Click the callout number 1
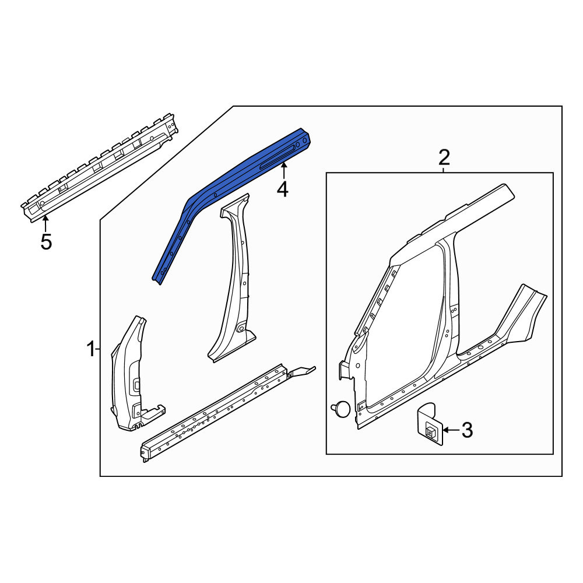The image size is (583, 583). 91,350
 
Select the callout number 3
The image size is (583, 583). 467,430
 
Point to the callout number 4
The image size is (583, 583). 283,189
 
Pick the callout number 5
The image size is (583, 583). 45,242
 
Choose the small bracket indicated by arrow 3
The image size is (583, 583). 430,424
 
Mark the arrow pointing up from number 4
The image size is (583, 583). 284,172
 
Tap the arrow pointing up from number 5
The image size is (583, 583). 45,224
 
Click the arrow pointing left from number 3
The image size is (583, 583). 451,430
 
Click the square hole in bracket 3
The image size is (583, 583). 430,431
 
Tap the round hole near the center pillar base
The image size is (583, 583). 241,328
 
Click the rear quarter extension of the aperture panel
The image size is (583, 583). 521,316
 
